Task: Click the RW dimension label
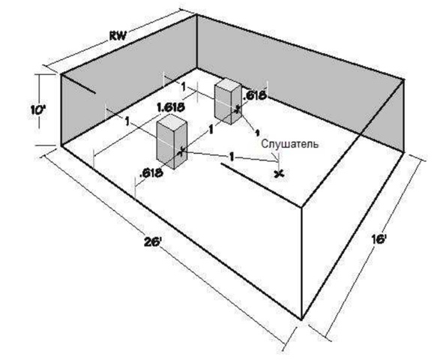118,36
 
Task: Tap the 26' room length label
153,242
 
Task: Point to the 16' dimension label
379,239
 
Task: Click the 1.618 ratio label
171,107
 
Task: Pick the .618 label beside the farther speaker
255,96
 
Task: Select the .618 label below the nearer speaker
151,173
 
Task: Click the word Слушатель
290,144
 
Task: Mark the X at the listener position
279,174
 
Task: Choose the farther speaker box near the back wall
228,100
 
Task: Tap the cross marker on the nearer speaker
181,151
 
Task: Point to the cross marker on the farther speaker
237,109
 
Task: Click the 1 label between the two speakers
211,130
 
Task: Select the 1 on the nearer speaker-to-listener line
232,157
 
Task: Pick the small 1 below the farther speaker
257,132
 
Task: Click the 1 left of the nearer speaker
127,121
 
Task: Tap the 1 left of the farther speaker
183,87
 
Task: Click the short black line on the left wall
78,84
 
